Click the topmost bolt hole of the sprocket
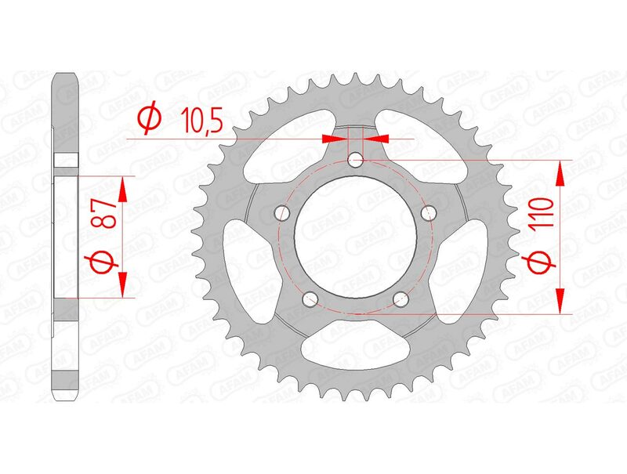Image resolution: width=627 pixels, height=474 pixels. pyautogui.click(x=357, y=161)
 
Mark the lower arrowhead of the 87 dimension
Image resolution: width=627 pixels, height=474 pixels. pyautogui.click(x=122, y=285)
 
